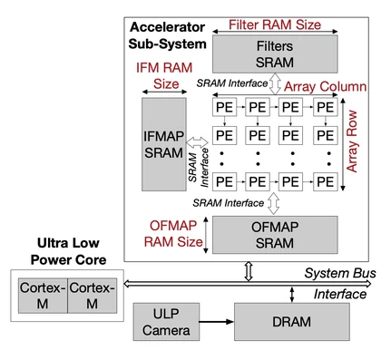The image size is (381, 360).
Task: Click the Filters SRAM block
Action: (275, 54)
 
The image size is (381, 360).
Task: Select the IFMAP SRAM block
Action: (164, 144)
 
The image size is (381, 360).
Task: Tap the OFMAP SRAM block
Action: (275, 235)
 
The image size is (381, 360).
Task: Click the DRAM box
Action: (292, 322)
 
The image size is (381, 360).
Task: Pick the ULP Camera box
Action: (166, 322)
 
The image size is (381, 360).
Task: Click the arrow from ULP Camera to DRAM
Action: (217, 322)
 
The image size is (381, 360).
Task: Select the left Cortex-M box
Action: (43, 296)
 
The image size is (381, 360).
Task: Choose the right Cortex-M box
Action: (93, 296)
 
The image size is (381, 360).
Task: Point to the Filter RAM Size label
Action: (275, 24)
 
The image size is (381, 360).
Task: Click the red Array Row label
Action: (352, 141)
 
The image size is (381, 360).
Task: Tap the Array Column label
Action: (326, 87)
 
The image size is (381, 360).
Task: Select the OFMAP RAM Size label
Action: (173, 234)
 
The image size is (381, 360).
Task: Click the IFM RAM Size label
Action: (164, 75)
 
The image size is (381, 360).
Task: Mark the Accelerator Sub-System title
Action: (168, 35)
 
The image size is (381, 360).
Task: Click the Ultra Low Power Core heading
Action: (68, 251)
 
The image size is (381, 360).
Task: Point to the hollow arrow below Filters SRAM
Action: (275, 83)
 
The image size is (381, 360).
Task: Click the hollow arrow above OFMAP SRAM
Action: (274, 203)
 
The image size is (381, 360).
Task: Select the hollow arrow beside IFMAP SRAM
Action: (197, 142)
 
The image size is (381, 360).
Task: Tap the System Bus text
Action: (340, 273)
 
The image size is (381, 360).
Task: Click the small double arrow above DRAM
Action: (292, 295)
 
